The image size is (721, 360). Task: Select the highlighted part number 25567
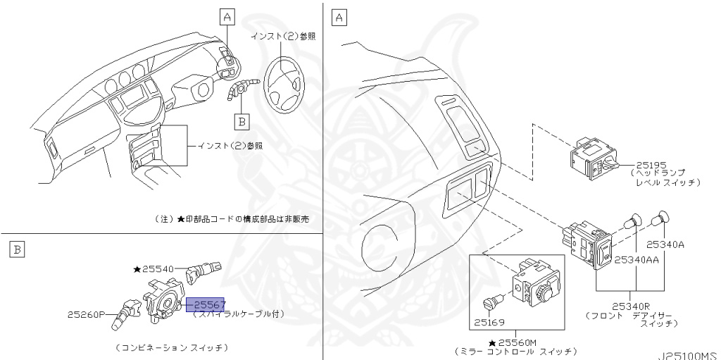(204, 304)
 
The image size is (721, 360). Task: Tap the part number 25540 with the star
(158, 269)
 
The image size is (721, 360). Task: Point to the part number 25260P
(87, 314)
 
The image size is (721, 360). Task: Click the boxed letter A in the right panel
(339, 17)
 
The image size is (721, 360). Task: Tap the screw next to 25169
(493, 302)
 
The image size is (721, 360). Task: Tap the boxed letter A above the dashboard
(227, 16)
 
